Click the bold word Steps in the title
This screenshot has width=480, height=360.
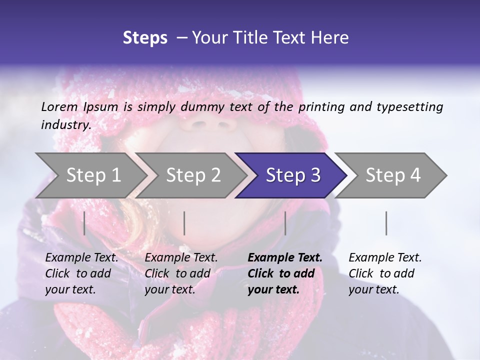(x=145, y=38)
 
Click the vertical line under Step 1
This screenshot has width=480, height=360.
(x=84, y=223)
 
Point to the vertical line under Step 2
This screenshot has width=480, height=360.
(x=184, y=223)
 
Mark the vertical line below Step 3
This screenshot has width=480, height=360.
(x=285, y=223)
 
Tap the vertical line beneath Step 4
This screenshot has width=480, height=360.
(x=386, y=223)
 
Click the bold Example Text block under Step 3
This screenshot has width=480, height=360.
(x=285, y=273)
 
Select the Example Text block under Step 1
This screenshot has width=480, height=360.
(x=81, y=273)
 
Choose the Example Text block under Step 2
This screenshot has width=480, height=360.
(x=181, y=273)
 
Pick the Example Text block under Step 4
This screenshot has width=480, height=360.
(x=385, y=273)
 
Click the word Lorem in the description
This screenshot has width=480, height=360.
(x=59, y=107)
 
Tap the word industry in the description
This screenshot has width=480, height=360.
(x=66, y=125)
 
